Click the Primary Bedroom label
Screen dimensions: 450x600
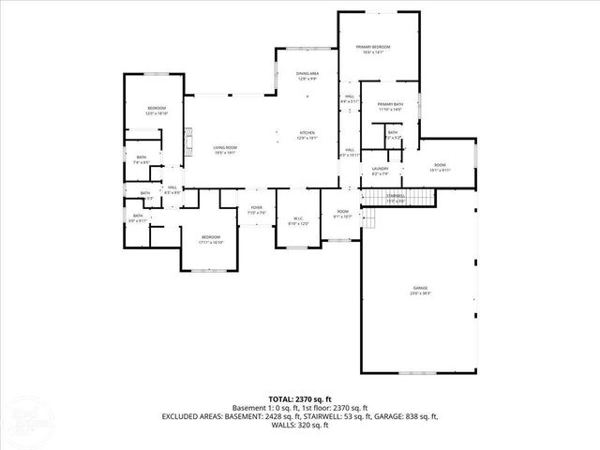[x=371, y=50]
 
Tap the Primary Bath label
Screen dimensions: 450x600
[x=390, y=107]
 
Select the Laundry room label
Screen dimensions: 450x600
[x=380, y=172]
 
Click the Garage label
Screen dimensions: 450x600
[x=419, y=291]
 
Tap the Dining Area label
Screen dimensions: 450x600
[x=307, y=76]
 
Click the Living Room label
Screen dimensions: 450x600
[x=224, y=150]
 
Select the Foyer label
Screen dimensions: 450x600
[x=256, y=210]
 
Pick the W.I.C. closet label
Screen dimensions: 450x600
[x=298, y=221]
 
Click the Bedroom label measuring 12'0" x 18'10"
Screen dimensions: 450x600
[x=157, y=111]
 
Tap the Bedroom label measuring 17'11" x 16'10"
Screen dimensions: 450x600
[x=210, y=239]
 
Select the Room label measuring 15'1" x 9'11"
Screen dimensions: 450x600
[x=440, y=168]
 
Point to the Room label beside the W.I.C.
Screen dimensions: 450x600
[x=343, y=214]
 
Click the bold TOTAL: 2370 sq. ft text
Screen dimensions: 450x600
[x=300, y=397]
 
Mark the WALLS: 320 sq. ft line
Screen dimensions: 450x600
[x=300, y=426]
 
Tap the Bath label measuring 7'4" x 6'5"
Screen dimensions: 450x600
[x=142, y=159]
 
